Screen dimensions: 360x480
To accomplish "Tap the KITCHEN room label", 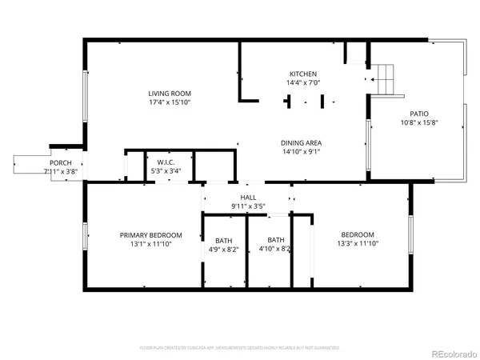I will pos(302,74).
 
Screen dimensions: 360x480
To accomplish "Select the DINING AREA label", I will pos(302,143).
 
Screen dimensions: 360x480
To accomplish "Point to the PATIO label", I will pos(419,114).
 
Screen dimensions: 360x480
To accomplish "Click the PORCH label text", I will pos(61,162).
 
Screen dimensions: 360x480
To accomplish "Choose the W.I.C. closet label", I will pos(166,162).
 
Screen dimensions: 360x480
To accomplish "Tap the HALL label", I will pos(248,198).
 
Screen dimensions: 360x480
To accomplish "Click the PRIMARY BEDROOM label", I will pos(151,235).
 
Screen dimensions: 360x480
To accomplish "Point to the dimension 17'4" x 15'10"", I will pos(169,102).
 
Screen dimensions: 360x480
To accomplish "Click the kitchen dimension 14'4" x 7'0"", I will pos(302,82).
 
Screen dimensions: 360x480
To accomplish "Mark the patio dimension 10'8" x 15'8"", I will pos(419,123).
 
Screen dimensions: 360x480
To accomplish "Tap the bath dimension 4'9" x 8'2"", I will pos(223,249).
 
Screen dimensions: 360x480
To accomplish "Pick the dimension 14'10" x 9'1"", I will pos(302,152).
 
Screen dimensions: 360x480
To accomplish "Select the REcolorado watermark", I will pos(452,350).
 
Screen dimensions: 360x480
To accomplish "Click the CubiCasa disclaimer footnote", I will pos(240,348).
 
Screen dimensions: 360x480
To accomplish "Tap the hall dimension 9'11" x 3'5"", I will pos(248,206).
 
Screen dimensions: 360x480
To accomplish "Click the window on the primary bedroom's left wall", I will pos(86,237).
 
